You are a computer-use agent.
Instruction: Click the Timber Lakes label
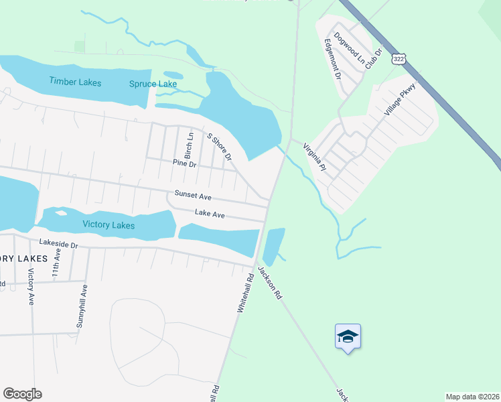(x=75, y=82)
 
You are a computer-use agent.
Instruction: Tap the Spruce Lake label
(x=153, y=84)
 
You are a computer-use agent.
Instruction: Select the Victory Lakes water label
(x=109, y=225)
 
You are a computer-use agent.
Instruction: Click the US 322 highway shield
(x=399, y=60)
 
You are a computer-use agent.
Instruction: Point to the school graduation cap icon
(x=348, y=336)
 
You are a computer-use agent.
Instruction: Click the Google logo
(x=22, y=394)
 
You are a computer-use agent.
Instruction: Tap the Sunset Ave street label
(x=193, y=196)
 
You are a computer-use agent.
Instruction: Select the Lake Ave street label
(x=210, y=213)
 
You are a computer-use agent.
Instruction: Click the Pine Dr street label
(x=184, y=163)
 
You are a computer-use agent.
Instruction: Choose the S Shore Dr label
(x=219, y=147)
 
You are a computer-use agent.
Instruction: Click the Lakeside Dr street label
(x=59, y=245)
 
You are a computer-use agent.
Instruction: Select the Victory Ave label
(x=31, y=287)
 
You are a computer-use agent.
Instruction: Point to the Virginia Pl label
(x=313, y=157)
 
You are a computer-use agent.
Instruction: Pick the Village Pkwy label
(x=401, y=100)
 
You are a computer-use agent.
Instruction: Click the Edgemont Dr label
(x=333, y=59)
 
